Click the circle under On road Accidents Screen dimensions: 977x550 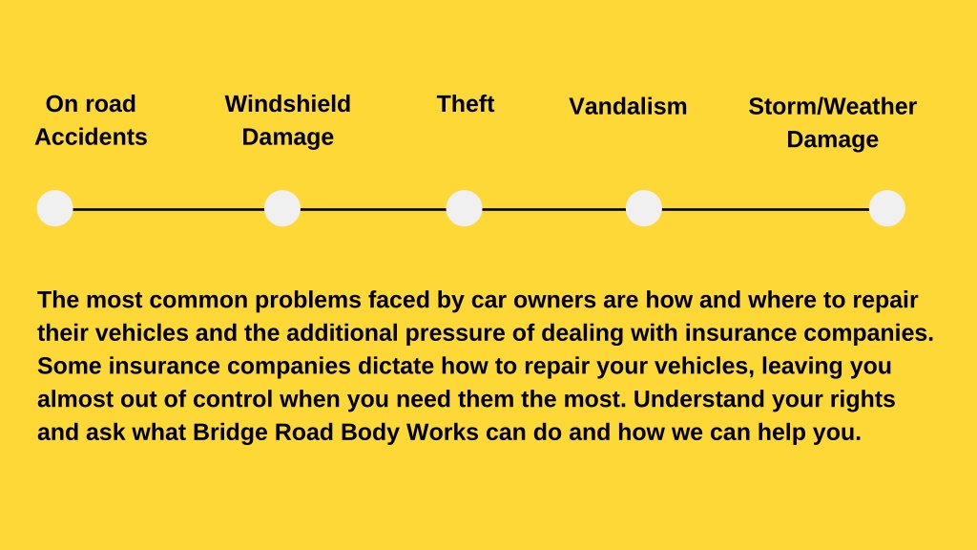click(54, 208)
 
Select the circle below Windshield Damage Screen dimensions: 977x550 click(282, 208)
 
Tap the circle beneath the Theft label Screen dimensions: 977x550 click(465, 208)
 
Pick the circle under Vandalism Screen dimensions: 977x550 click(644, 208)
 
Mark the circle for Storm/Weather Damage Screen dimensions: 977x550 click(886, 208)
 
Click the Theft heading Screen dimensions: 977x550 click(466, 103)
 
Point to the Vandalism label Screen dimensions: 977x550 click(628, 106)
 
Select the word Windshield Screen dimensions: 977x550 click(288, 103)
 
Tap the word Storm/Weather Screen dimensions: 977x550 click(832, 106)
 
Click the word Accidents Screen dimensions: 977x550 click(91, 137)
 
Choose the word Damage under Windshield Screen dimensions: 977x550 click(288, 138)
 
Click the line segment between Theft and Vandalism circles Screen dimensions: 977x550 click(554, 209)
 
